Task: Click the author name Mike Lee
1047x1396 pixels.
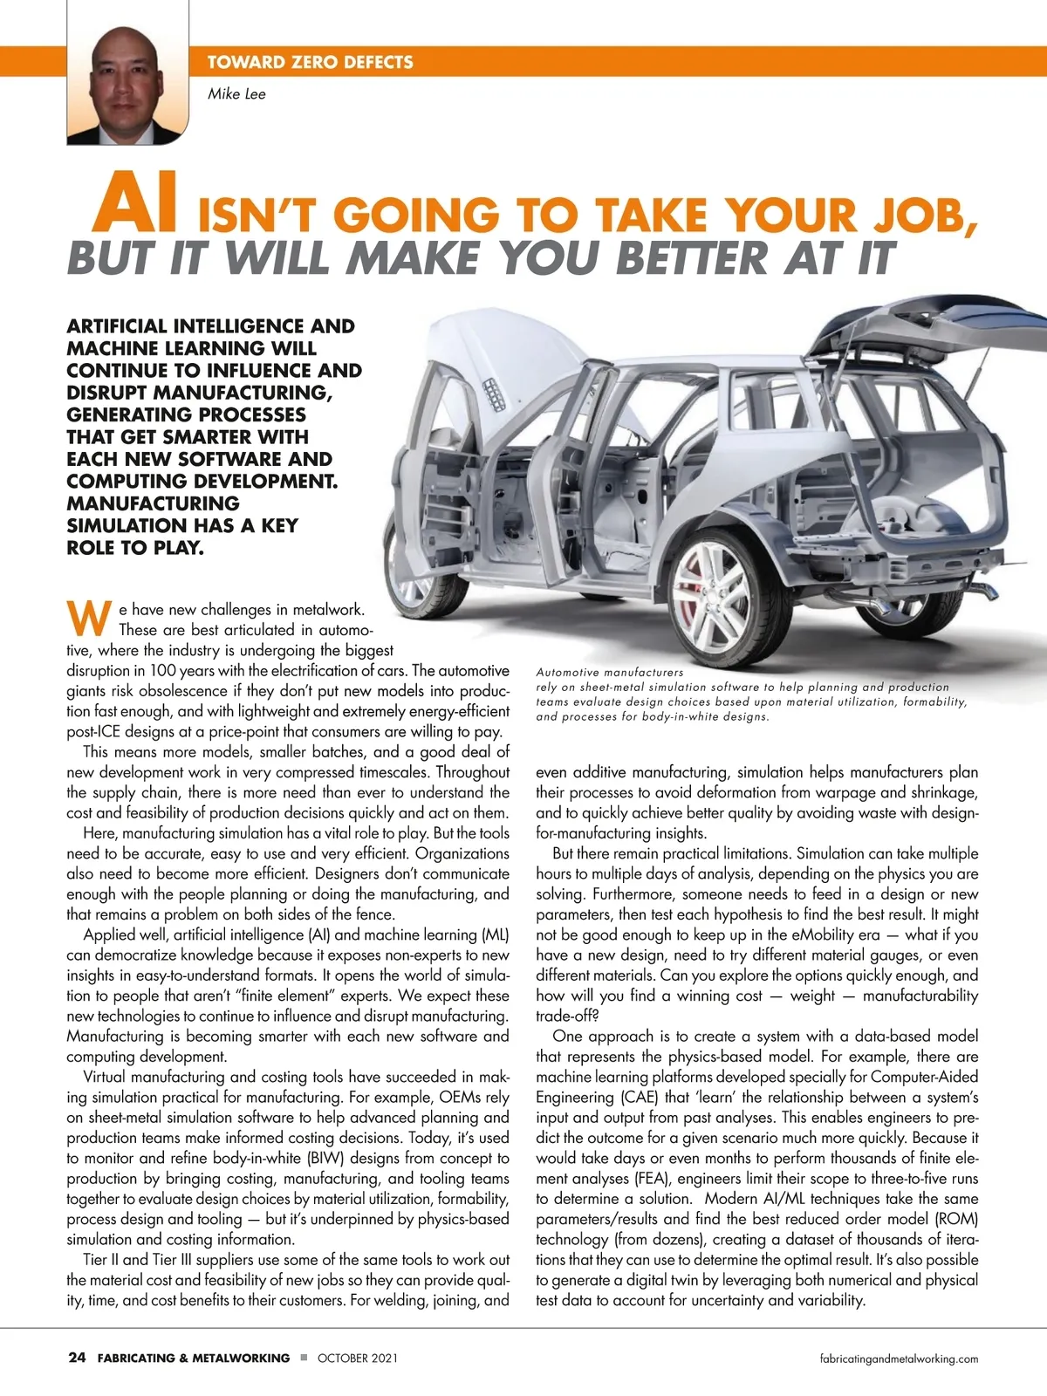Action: pyautogui.click(x=236, y=94)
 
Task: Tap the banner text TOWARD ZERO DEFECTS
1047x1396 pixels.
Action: pyautogui.click(x=310, y=62)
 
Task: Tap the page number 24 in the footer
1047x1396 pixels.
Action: pyautogui.click(x=77, y=1358)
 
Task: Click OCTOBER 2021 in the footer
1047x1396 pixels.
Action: pyautogui.click(x=358, y=1358)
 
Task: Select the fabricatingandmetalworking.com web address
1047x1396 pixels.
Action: pyautogui.click(x=900, y=1358)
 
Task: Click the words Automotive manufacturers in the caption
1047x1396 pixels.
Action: pyautogui.click(x=610, y=673)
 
